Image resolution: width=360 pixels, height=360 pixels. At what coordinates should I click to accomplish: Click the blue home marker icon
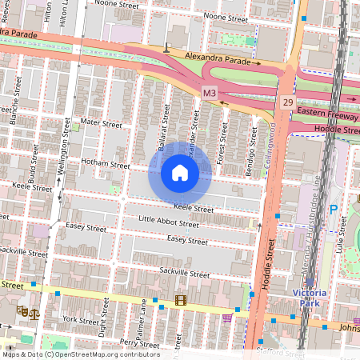(180, 172)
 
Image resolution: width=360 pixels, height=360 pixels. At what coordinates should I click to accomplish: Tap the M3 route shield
(210, 94)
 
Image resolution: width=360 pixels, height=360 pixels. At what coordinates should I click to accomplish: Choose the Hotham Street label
(105, 165)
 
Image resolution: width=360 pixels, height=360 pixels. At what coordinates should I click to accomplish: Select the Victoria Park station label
(309, 297)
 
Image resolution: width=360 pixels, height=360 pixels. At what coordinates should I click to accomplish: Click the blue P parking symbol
(334, 210)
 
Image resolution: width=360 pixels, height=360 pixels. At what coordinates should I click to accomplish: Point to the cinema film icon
(179, 301)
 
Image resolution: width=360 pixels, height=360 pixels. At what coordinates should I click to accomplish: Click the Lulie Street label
(349, 241)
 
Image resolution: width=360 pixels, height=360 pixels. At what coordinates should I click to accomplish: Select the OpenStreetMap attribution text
(80, 354)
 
